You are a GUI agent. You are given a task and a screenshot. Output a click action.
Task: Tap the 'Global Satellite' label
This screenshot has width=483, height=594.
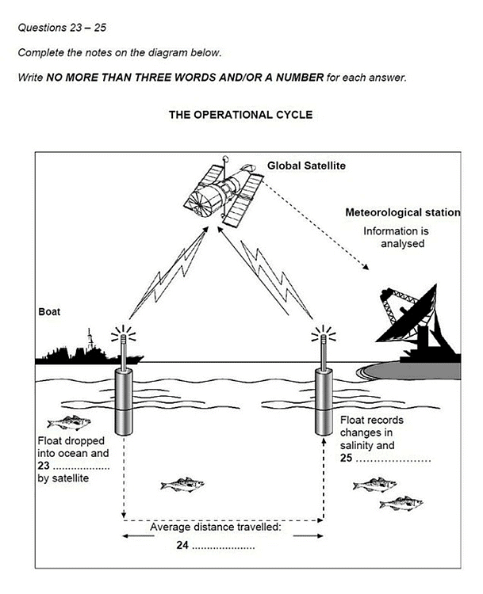pos(306,166)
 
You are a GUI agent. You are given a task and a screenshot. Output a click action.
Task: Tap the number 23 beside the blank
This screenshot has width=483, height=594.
pos(44,466)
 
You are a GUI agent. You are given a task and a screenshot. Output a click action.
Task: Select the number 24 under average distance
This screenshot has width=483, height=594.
pos(182,545)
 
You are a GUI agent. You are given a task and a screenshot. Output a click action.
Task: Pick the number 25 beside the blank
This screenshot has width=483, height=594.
pos(346,457)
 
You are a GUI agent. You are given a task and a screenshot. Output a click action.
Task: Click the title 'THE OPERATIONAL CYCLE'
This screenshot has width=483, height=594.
pos(240,114)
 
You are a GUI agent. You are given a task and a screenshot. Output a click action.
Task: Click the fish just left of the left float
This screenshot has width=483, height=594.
pos(69,424)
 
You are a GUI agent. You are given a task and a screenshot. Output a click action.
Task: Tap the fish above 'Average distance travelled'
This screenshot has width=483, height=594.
pos(182,483)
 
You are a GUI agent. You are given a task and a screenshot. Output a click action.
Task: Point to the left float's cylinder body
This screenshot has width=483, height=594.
pos(124,401)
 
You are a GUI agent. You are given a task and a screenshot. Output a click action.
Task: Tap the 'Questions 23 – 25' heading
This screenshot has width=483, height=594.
pos(61,28)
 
